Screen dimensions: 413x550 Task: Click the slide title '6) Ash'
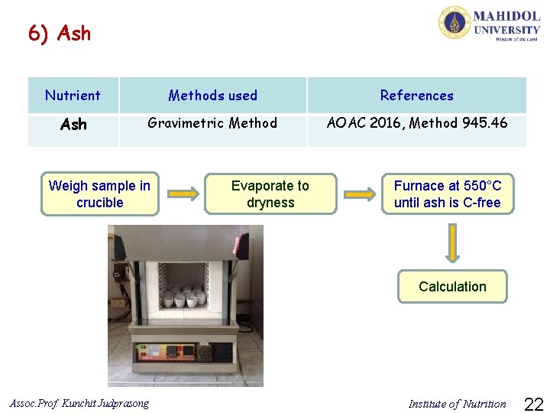pos(59,34)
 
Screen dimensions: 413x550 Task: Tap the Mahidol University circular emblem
pos(454,22)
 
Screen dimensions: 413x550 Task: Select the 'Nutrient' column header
pos(73,96)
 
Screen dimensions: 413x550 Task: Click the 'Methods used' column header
pos(212,96)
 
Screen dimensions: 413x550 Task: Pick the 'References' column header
pos(416,96)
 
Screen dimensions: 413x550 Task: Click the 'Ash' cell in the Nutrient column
pos(73,124)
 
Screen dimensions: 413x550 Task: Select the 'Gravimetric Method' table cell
pos(212,123)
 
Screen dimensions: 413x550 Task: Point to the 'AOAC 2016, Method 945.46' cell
pos(416,123)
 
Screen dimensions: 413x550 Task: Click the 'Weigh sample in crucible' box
pos(99,193)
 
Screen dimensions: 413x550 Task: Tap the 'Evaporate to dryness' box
pos(270,193)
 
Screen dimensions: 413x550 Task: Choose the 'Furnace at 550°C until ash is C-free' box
pos(448,193)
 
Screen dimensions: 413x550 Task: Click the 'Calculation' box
pos(452,287)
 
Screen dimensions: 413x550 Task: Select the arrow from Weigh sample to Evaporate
pos(182,194)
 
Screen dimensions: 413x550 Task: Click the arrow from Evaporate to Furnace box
pos(359,194)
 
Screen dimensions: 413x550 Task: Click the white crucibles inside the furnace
pos(185,297)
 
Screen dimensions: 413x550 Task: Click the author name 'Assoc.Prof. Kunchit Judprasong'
pos(79,403)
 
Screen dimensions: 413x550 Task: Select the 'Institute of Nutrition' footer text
pos(457,404)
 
